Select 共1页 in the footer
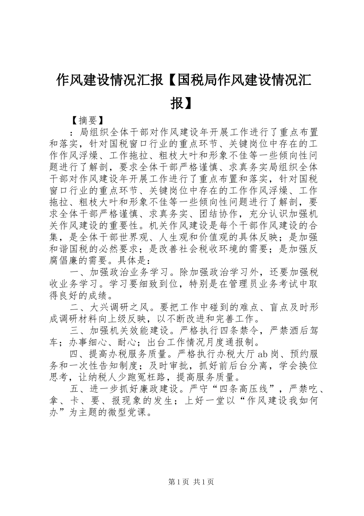coord(203,482)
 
